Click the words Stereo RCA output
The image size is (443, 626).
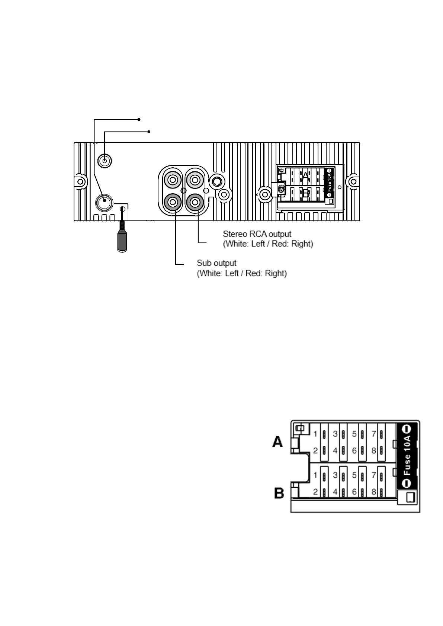coord(257,234)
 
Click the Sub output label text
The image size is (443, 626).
coord(216,263)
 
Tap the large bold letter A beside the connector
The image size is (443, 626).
coord(278,442)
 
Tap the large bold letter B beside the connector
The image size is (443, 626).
coord(279,493)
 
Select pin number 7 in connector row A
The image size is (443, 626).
coord(374,434)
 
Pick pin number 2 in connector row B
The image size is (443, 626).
coord(315,492)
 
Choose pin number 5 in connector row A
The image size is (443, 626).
coord(354,434)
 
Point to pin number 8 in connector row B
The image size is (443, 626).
coord(374,492)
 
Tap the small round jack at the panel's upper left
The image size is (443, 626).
coord(105,161)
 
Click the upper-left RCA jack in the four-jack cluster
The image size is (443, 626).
coord(173,181)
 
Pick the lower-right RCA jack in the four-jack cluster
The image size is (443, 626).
coord(195,203)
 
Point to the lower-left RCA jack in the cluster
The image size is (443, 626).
coord(173,203)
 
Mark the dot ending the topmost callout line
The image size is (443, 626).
coord(139,119)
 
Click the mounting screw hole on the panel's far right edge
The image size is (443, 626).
coord(353,182)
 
